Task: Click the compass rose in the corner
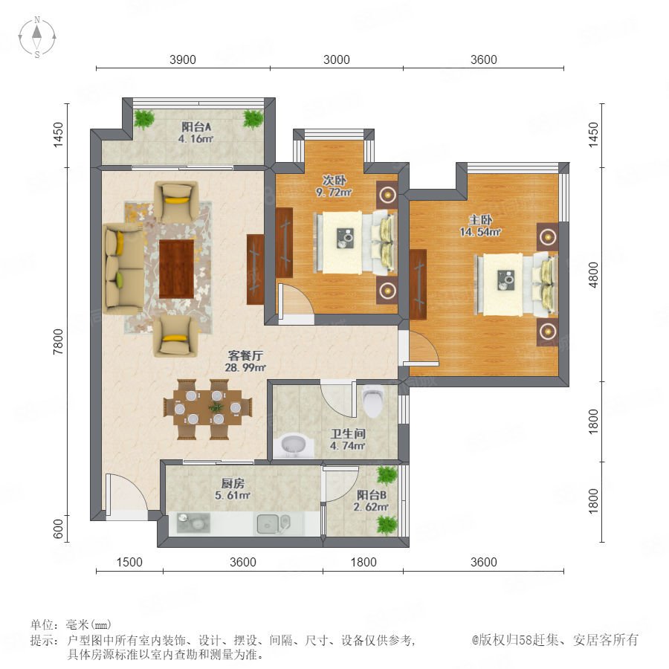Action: (37, 36)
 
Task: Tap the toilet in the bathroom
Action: (373, 401)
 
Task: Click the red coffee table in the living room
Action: (176, 269)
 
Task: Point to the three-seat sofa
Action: (123, 268)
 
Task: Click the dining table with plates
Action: (207, 409)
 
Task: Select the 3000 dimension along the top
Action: (336, 59)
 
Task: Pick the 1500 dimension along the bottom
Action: (129, 562)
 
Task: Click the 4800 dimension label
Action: (593, 275)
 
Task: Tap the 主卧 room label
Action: (480, 220)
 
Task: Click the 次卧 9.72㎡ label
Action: (334, 187)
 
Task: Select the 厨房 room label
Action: (233, 483)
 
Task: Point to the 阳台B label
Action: (372, 495)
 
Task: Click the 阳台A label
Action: (196, 126)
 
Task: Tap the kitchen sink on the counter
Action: (274, 523)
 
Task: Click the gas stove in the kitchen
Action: (193, 523)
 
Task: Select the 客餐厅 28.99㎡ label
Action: (245, 361)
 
